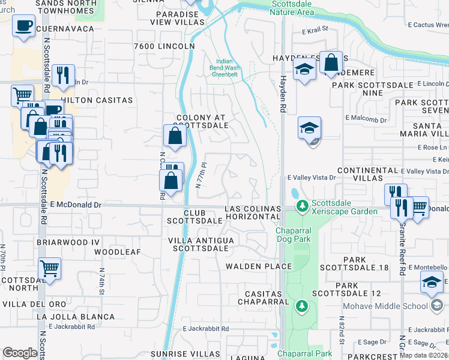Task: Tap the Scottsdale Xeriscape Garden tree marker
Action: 303,206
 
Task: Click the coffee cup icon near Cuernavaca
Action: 23,26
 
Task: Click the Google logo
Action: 20,353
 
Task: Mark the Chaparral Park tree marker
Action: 302,307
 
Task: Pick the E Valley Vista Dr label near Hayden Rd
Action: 311,178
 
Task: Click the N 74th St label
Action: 101,279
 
